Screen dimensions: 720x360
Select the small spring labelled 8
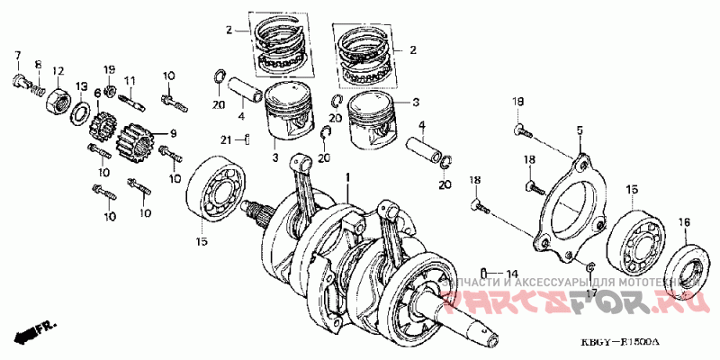pyautogui.click(x=37, y=89)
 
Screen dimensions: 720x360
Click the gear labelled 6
pyautogui.click(x=103, y=122)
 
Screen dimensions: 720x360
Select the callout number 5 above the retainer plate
pyautogui.click(x=580, y=131)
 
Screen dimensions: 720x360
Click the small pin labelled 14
pyautogui.click(x=485, y=272)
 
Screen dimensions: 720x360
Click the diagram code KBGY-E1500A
pyautogui.click(x=620, y=343)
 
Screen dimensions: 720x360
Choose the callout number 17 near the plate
pyautogui.click(x=591, y=292)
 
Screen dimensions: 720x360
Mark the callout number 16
pyautogui.click(x=684, y=221)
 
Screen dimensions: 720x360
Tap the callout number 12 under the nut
pyautogui.click(x=57, y=70)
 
